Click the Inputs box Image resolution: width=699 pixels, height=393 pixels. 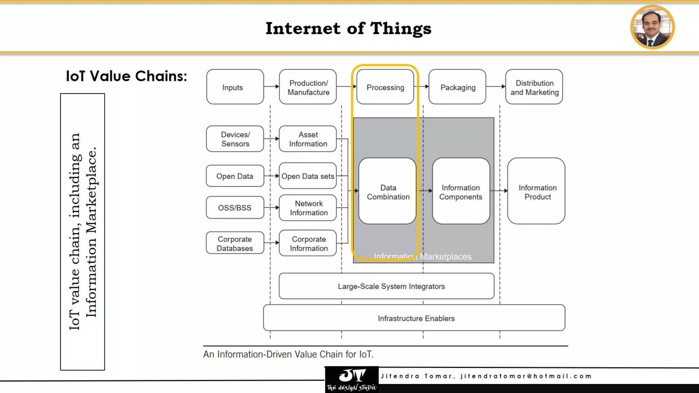[x=235, y=87]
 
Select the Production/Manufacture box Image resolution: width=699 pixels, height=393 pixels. [x=308, y=87]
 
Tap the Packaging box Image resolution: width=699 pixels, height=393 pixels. [x=457, y=87]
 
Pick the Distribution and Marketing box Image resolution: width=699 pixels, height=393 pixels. [x=534, y=87]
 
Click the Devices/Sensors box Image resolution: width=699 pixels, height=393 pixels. [x=235, y=139]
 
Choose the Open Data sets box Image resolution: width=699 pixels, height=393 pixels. [x=308, y=176]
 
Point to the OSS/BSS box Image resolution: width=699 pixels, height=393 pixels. [x=235, y=207]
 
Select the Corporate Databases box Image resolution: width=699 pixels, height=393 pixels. [x=235, y=243]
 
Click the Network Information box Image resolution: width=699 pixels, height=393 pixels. [x=308, y=208]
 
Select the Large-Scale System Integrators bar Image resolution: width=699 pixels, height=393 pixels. [x=386, y=286]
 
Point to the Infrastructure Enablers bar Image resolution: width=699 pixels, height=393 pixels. [x=414, y=318]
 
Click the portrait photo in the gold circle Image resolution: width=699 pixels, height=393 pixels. [x=652, y=27]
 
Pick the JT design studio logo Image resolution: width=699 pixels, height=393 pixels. [x=352, y=380]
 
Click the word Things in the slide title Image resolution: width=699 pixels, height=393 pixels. [x=401, y=28]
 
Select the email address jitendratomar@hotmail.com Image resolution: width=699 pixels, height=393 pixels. [x=526, y=376]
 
